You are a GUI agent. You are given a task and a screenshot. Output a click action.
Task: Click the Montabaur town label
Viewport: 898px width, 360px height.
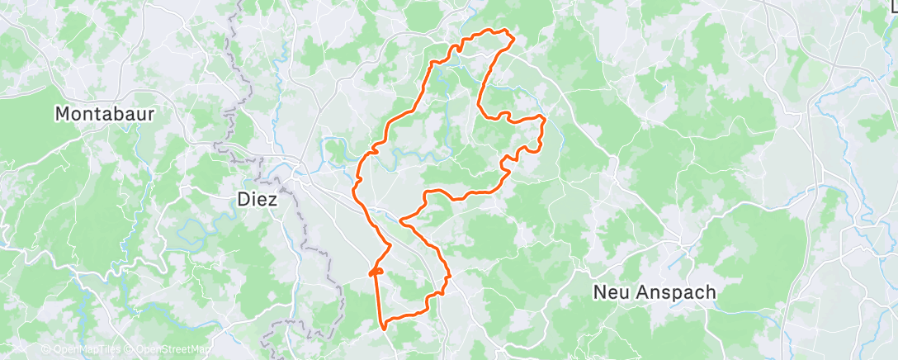coord(104,114)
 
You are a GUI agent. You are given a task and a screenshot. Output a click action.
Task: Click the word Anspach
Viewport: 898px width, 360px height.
coord(677,292)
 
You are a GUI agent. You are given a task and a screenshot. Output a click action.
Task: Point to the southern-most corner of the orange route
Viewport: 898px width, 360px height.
coord(385,327)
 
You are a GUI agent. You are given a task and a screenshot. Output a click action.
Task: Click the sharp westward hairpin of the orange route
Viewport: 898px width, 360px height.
coord(400,220)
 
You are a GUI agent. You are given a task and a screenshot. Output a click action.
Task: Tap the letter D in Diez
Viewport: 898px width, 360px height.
coord(241,199)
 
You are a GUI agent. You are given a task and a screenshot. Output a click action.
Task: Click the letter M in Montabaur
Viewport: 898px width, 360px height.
coord(63,114)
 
